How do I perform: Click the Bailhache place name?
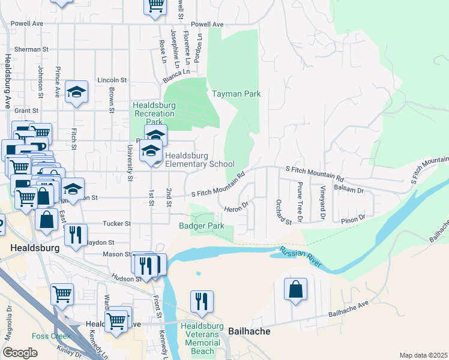[x=249, y=331]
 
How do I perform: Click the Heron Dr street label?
[x=237, y=207]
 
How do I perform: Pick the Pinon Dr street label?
[x=354, y=217]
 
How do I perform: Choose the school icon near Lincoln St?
[x=76, y=92]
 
